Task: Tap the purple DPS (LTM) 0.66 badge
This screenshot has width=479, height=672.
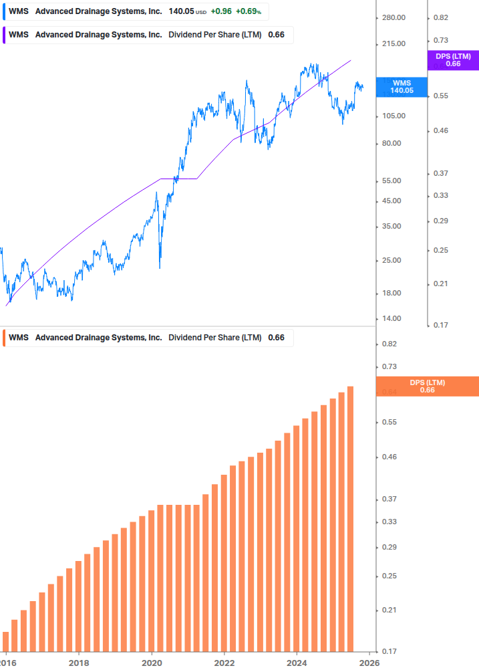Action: (452, 60)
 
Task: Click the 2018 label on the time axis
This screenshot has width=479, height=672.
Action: (79, 662)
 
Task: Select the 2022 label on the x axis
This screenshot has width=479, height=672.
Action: (224, 662)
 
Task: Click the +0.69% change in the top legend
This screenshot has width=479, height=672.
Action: (249, 12)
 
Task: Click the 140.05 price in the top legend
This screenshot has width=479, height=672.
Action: (180, 12)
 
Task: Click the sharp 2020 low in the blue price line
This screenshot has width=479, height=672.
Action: (160, 267)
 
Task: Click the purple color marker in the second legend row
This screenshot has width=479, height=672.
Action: (5, 35)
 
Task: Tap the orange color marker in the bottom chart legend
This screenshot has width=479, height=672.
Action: (5, 338)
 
